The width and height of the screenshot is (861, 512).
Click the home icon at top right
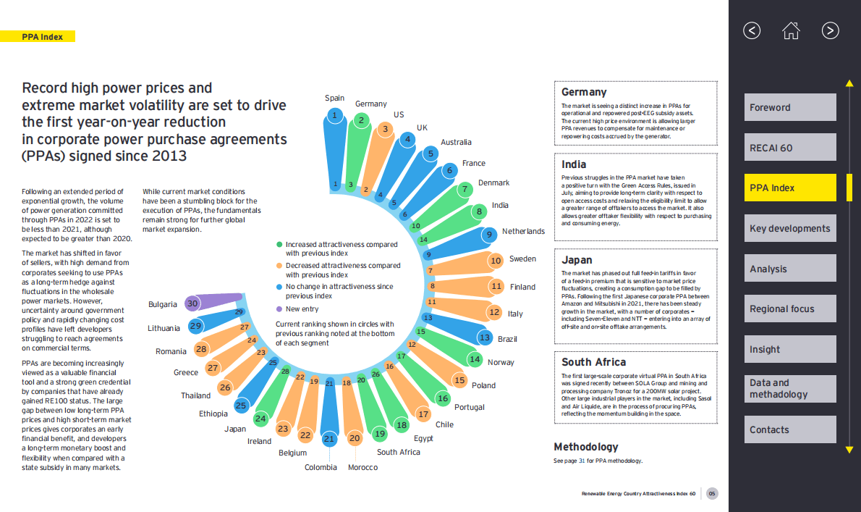tap(791, 30)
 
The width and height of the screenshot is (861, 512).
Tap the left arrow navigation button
tap(752, 30)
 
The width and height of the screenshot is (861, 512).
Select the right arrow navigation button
tap(830, 30)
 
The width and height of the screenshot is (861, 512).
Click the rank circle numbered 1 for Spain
tap(334, 114)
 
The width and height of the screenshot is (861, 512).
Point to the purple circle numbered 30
tap(192, 304)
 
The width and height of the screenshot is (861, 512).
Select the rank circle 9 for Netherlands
tap(490, 234)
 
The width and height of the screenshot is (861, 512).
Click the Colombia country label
tap(321, 467)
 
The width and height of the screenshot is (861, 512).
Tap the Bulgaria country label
tap(163, 305)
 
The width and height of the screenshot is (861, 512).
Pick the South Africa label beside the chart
tap(398, 452)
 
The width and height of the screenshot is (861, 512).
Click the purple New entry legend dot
tap(279, 309)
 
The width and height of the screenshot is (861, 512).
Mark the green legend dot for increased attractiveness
tap(279, 245)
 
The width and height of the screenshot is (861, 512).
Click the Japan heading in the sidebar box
tap(577, 260)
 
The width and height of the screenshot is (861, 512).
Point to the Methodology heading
tap(586, 447)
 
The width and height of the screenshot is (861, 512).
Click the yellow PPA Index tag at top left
tap(42, 36)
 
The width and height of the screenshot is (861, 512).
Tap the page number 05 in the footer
tap(713, 494)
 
